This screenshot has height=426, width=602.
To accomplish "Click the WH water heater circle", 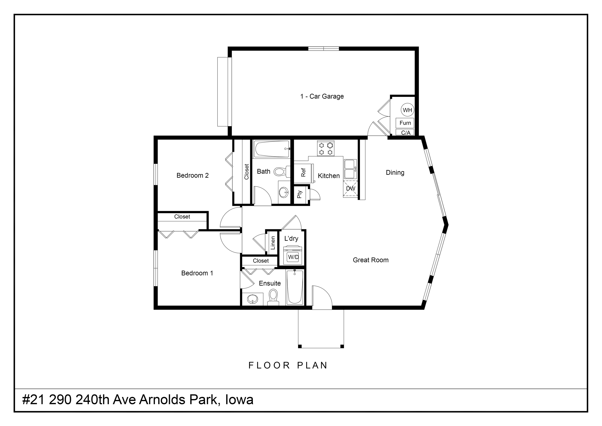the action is point(407,110).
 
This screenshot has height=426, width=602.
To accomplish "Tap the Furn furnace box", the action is point(405,123).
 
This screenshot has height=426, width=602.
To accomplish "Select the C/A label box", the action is point(405,133).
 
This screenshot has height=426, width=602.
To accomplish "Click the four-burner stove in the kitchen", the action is point(326,148).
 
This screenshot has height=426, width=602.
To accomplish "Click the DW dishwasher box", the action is point(351,189).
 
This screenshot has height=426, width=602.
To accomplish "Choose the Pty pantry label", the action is point(300,194).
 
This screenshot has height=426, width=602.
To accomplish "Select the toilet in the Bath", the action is point(282,172).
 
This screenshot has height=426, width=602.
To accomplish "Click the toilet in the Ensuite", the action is point(273,297).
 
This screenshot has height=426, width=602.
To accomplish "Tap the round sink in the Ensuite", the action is point(253,299).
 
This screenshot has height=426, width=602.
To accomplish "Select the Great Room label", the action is point(371,260).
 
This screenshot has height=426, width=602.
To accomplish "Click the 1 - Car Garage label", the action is point(322,96).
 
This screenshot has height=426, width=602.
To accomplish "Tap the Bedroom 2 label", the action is point(192,175).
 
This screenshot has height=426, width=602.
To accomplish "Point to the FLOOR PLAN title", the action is point(288,365).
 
